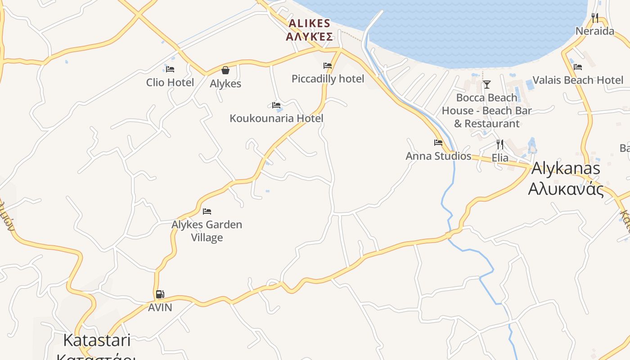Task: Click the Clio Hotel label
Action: pos(170,82)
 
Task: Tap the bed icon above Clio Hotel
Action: pos(170,69)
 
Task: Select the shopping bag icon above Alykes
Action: pos(225,70)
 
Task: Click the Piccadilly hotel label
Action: pos(328,79)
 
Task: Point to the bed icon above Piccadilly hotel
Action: pos(328,66)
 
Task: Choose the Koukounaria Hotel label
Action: pos(276,118)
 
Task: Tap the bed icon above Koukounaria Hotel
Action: pos(276,105)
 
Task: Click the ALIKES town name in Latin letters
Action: pos(310,23)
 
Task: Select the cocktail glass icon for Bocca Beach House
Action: pos(486,84)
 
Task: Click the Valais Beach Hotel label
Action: pos(578,80)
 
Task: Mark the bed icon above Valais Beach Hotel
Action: pos(578,67)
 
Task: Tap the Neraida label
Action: pos(595,31)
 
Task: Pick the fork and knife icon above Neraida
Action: pos(595,18)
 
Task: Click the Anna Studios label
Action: pos(438,156)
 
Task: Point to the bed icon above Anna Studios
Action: pos(438,143)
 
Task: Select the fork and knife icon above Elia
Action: pos(500,144)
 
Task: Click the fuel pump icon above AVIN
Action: pos(160,294)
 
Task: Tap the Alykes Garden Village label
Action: pos(207,230)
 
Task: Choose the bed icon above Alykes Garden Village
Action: pos(207,211)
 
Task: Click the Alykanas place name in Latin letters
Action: pos(566,168)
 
